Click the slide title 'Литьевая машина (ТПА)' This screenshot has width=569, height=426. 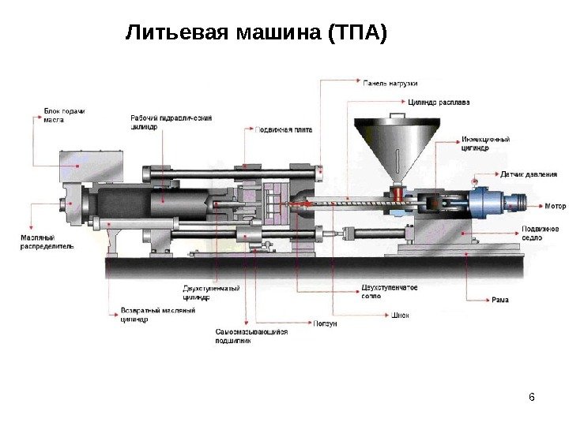(258, 34)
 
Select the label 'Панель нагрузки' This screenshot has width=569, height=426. (390, 82)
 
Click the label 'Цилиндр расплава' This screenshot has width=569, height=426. (439, 102)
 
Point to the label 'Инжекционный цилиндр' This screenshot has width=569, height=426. (485, 143)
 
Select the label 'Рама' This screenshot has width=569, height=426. (499, 300)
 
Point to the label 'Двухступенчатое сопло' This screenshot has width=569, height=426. (389, 291)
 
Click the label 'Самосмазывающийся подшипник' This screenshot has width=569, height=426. (251, 336)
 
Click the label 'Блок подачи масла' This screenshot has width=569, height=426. (63, 115)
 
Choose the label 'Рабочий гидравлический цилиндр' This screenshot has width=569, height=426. (171, 121)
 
